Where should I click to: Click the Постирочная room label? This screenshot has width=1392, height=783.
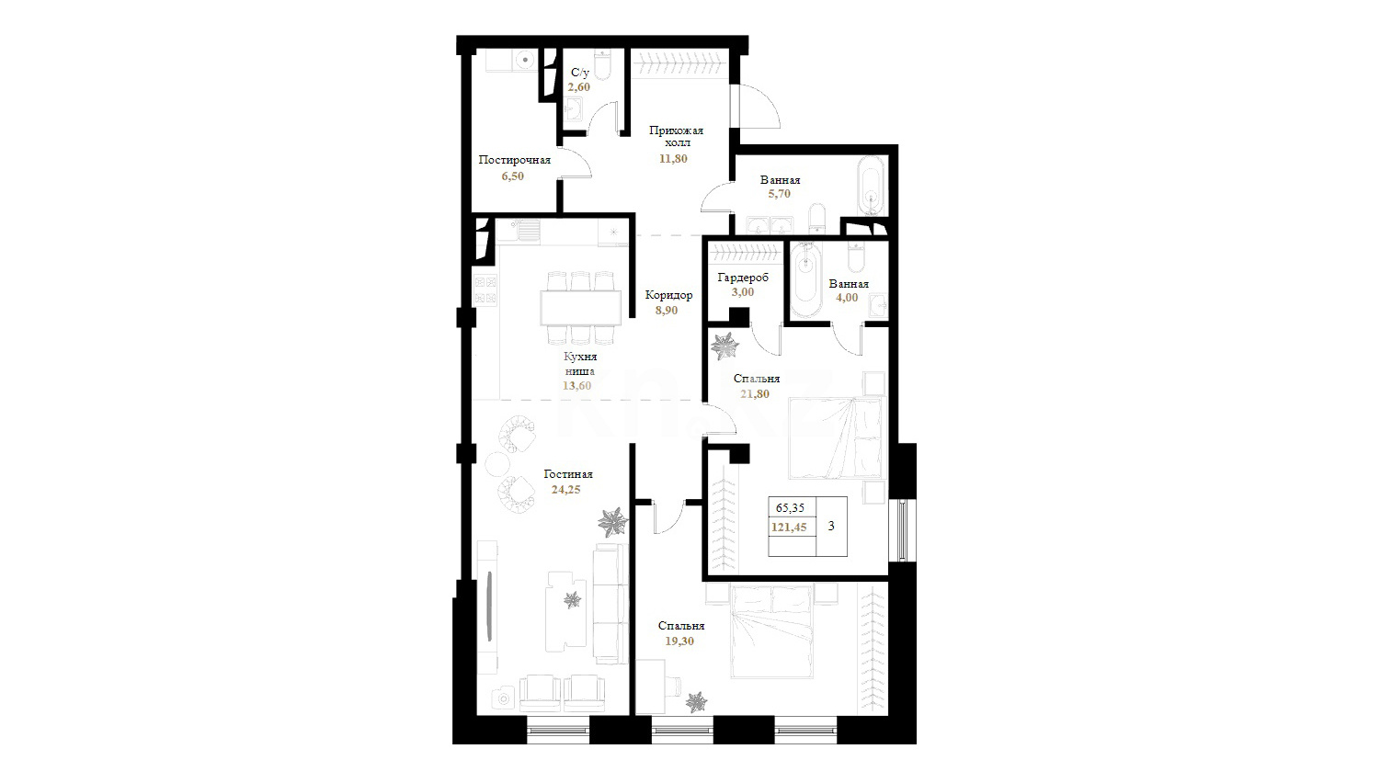pyautogui.click(x=515, y=160)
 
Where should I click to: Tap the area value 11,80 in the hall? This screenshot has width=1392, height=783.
pyautogui.click(x=674, y=158)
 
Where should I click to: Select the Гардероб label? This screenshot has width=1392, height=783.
pyautogui.click(x=743, y=278)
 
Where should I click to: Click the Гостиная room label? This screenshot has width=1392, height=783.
pyautogui.click(x=568, y=474)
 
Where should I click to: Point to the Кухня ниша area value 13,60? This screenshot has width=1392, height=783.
pyautogui.click(x=576, y=386)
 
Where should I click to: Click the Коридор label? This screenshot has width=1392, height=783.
pyautogui.click(x=668, y=295)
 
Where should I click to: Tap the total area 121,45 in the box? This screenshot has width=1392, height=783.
pyautogui.click(x=789, y=528)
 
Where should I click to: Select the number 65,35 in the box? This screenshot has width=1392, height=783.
pyautogui.click(x=790, y=508)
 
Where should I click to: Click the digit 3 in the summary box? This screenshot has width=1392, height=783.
pyautogui.click(x=831, y=526)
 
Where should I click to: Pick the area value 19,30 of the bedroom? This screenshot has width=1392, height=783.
pyautogui.click(x=679, y=641)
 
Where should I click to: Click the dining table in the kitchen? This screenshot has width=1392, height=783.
pyautogui.click(x=580, y=307)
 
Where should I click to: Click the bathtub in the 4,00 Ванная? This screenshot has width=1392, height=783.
pyautogui.click(x=806, y=279)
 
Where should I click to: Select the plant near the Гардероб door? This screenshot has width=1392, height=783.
pyautogui.click(x=724, y=346)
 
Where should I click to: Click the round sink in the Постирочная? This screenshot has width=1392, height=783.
pyautogui.click(x=91, y=61)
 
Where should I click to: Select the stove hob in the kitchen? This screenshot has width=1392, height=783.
pyautogui.click(x=485, y=290)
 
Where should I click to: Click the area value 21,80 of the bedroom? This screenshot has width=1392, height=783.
pyautogui.click(x=755, y=393)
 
